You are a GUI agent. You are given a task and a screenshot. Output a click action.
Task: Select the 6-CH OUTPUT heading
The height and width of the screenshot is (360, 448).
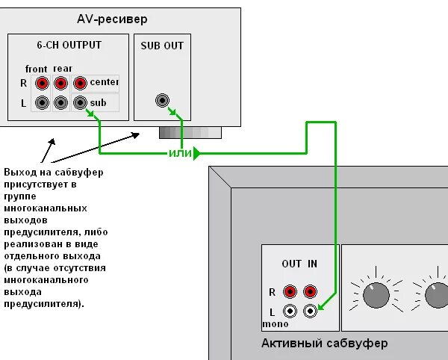69,46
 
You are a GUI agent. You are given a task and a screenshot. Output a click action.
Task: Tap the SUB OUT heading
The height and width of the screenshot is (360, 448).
161,46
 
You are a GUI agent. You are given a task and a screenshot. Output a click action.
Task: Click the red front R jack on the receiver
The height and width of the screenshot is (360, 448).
43,83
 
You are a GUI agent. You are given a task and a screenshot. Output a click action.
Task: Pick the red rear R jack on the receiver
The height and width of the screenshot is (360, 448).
61,83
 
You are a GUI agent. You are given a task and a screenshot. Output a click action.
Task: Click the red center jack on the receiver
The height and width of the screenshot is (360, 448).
80,83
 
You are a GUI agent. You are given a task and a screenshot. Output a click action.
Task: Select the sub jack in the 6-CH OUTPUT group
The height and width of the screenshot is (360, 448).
80,102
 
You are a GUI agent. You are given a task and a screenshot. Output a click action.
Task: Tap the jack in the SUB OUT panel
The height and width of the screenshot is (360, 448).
162,100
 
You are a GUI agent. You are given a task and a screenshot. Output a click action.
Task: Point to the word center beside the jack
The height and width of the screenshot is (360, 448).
104,82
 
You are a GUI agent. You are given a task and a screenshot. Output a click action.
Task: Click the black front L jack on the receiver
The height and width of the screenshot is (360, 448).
43,102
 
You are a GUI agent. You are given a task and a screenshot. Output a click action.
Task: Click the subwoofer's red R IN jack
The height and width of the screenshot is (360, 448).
310,291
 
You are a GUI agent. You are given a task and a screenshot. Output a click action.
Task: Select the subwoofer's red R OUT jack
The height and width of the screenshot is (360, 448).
290,291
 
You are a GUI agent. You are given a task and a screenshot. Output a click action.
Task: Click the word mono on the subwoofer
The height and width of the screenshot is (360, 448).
275,324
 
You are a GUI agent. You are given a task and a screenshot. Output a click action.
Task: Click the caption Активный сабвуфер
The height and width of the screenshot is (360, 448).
324,343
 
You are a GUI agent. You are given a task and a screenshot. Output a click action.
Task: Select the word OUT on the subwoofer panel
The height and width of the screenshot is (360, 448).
291,264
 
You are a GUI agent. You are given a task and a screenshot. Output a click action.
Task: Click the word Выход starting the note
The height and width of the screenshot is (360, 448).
19,173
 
